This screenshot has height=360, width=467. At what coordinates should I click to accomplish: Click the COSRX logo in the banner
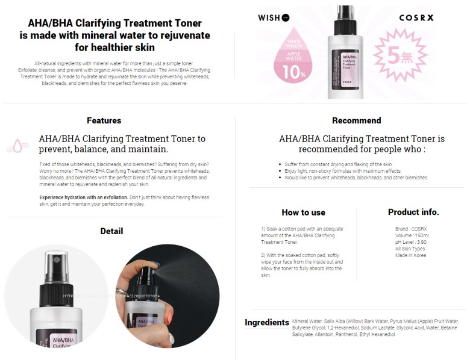(x=416, y=17)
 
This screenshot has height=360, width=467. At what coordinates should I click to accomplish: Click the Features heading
(x=104, y=120)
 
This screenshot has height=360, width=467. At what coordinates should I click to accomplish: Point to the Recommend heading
(x=356, y=120)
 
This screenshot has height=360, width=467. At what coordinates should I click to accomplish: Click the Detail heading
(x=111, y=231)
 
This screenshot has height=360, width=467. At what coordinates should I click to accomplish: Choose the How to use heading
(x=303, y=213)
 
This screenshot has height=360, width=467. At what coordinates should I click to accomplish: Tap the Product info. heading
(x=413, y=212)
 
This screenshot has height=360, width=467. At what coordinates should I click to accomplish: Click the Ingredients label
(x=266, y=323)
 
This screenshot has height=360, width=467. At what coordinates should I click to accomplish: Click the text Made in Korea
(x=410, y=255)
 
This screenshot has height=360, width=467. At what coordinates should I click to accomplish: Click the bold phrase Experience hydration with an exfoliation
(x=83, y=197)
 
